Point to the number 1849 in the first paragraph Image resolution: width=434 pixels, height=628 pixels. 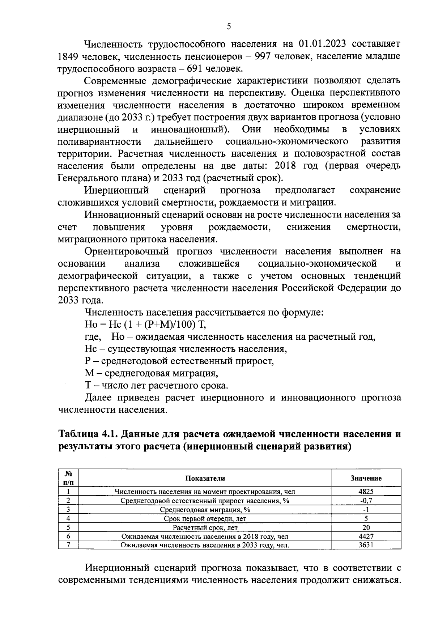[68, 56]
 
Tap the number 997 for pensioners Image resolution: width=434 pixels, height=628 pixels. [263, 56]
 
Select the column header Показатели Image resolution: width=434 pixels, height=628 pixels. [205, 478]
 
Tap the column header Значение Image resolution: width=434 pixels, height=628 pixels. [366, 478]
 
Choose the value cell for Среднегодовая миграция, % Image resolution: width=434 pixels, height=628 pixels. [366, 509]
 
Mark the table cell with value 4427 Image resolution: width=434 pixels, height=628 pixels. [366, 536]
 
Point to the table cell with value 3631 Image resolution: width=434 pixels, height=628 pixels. [366, 545]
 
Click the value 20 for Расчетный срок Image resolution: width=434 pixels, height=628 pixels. [366, 527]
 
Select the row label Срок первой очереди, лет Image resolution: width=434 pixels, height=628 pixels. [205, 518]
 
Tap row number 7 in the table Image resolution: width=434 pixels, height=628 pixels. [68, 545]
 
